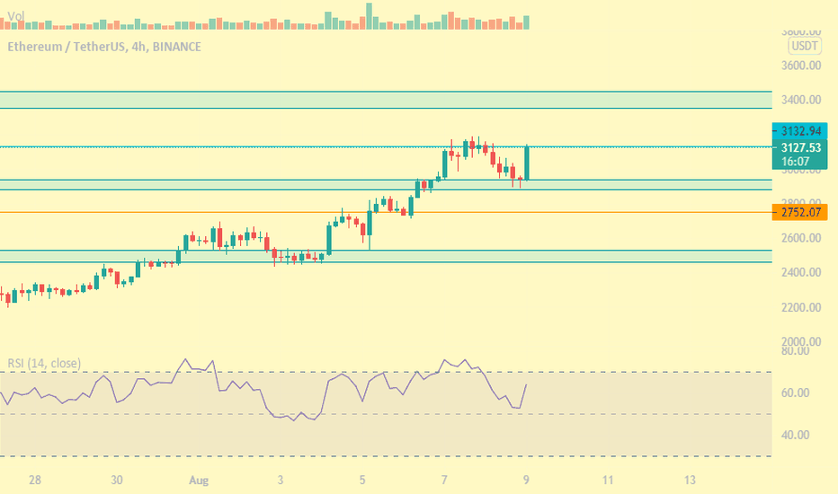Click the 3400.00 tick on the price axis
(800, 100)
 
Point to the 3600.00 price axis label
(800, 66)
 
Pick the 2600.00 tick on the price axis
(800, 238)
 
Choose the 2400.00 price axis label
(800, 272)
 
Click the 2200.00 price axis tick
(800, 307)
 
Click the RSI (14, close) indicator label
(44, 363)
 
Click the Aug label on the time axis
(200, 480)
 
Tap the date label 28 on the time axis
(36, 480)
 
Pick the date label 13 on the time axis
(690, 480)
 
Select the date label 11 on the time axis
(608, 480)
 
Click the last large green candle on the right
(526, 163)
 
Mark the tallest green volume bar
(369, 16)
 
